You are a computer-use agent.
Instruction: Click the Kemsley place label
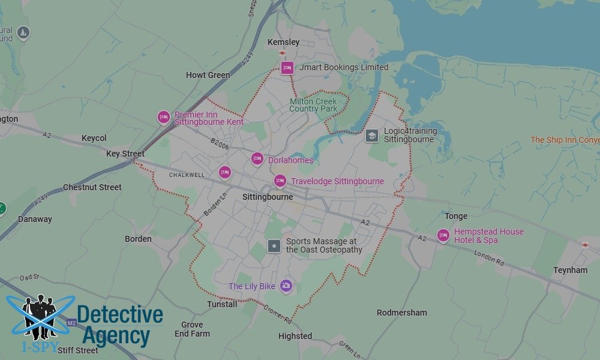point(283,43)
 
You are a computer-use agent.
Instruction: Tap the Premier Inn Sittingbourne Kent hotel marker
point(163,117)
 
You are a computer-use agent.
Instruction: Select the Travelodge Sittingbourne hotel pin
point(280,181)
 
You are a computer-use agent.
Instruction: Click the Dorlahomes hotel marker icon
point(257,159)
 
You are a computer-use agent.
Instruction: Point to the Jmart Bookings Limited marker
point(287,67)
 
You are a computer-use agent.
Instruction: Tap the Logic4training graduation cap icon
point(372,136)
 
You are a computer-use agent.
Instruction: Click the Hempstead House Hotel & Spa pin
point(443,235)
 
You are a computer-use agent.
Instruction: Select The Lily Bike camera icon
point(286,286)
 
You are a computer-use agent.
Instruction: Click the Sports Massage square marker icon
point(274,245)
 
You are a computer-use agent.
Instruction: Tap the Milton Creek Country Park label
point(313,105)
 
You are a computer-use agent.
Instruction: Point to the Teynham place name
point(570,271)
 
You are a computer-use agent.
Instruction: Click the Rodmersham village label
point(402,313)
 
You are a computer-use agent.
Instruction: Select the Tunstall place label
point(222,304)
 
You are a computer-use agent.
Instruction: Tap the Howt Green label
point(208,76)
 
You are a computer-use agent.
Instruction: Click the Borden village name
point(138,239)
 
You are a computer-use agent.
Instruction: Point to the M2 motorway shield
point(72,323)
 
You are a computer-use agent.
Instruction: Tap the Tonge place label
point(456,216)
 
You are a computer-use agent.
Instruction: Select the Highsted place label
point(295,336)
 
